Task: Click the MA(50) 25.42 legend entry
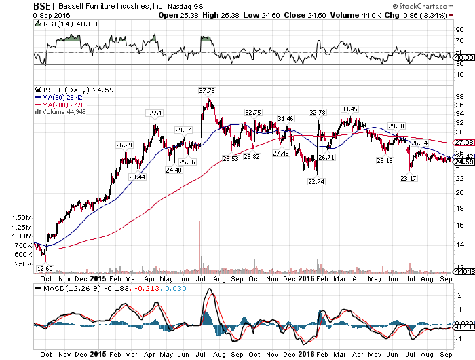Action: pyautogui.click(x=64, y=97)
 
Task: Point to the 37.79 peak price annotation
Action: pyautogui.click(x=206, y=90)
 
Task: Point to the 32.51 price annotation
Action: pyautogui.click(x=155, y=113)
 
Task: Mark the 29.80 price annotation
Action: pyautogui.click(x=396, y=126)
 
